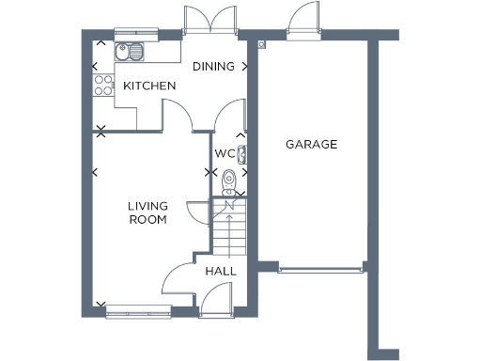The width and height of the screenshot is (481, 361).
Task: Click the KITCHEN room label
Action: click(150, 86)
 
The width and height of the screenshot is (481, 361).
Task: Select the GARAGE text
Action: click(311, 145)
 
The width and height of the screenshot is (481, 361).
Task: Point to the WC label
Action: click(224, 153)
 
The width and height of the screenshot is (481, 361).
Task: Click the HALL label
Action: click(221, 272)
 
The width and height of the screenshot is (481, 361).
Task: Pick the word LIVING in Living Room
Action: click(147, 207)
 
